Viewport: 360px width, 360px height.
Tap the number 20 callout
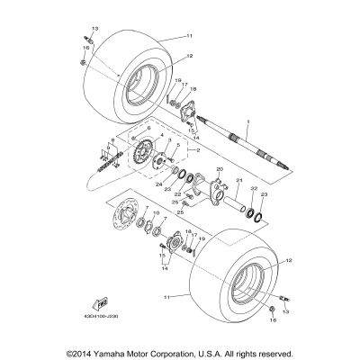pyautogui.click(x=219, y=168)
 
